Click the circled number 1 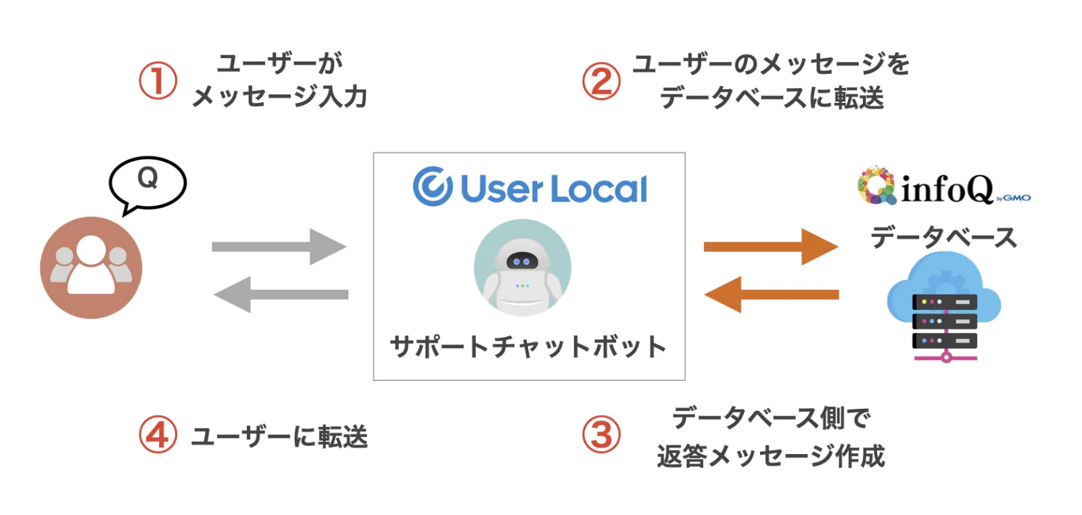tap(158, 81)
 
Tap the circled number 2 tap(601, 81)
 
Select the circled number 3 tap(601, 435)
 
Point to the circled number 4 tap(158, 435)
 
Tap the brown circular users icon tap(91, 267)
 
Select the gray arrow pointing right tap(279, 246)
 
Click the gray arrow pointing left tap(281, 294)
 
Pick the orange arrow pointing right tap(770, 246)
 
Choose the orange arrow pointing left tap(771, 294)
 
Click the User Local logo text tap(530, 187)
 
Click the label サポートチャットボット tap(528, 346)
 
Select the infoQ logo tap(943, 187)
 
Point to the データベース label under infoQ tap(943, 238)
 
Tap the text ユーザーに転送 tap(279, 436)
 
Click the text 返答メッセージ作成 tap(771, 456)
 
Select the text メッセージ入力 tap(279, 97)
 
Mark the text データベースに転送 tap(772, 98)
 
